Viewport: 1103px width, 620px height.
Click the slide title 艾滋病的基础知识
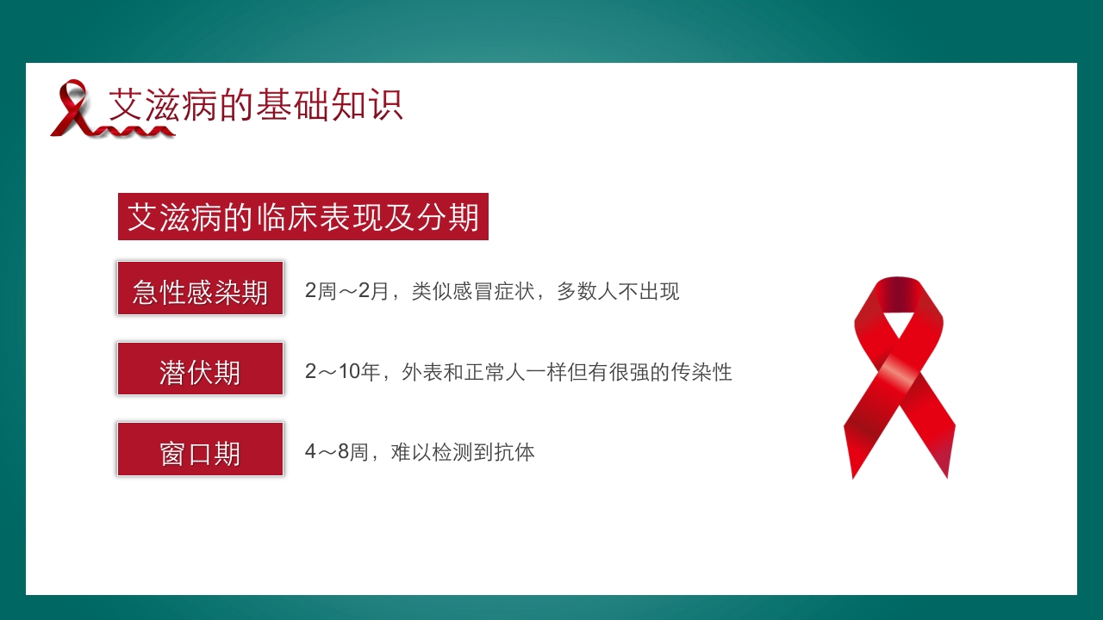(256, 105)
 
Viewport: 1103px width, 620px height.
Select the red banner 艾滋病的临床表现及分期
(303, 217)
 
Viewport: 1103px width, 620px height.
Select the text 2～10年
(342, 372)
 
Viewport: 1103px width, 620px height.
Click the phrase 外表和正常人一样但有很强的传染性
(566, 372)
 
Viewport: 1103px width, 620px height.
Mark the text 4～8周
(336, 451)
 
